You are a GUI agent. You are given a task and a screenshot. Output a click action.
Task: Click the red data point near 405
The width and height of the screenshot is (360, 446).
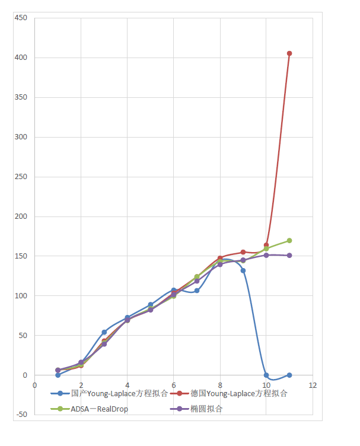pyautogui.click(x=289, y=53)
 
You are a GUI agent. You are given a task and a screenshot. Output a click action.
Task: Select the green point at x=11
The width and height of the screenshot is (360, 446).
pyautogui.click(x=289, y=240)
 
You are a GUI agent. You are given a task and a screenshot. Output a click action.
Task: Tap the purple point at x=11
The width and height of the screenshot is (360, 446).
pyautogui.click(x=289, y=256)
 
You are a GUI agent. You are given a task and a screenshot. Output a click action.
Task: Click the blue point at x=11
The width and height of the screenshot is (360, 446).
pyautogui.click(x=289, y=375)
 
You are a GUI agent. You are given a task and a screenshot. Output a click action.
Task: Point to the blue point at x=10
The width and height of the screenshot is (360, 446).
pyautogui.click(x=266, y=375)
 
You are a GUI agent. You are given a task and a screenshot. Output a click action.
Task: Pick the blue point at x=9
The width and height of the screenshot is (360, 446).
pyautogui.click(x=243, y=270)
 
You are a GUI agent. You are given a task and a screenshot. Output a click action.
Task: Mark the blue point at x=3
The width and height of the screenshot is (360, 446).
pyautogui.click(x=104, y=332)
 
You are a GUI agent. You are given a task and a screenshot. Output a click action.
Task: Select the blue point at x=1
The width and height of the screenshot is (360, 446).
pyautogui.click(x=58, y=375)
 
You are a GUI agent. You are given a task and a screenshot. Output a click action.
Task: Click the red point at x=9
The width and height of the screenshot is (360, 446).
pyautogui.click(x=243, y=252)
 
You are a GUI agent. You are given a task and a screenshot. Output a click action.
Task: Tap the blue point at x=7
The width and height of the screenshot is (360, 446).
pyautogui.click(x=197, y=291)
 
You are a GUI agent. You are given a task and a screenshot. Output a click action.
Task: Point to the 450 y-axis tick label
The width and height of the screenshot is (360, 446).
pyautogui.click(x=21, y=18)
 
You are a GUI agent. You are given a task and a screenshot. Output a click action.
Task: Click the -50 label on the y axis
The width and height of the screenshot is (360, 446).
pyautogui.click(x=21, y=415)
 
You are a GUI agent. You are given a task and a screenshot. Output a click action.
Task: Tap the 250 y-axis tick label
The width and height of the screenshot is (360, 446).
pyautogui.click(x=21, y=177)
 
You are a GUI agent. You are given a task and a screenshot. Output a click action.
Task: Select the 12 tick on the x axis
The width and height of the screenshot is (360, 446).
pyautogui.click(x=313, y=385)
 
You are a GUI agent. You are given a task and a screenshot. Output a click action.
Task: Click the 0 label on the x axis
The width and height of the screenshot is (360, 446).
pyautogui.click(x=35, y=385)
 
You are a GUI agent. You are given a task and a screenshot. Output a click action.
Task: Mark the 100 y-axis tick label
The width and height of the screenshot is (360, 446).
pyautogui.click(x=21, y=296)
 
